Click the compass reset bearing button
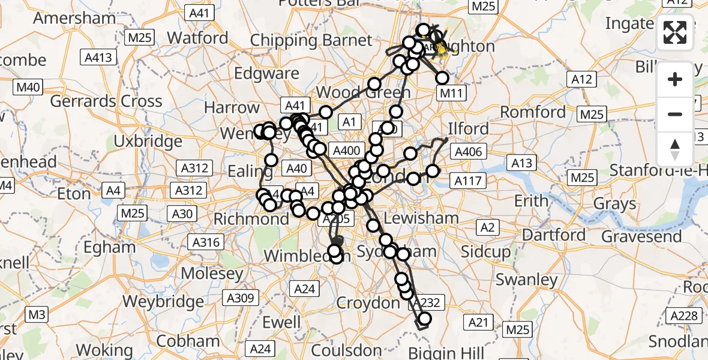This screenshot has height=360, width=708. [x=675, y=148]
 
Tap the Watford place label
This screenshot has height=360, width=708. [x=197, y=37]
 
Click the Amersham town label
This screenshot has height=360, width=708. [x=74, y=17]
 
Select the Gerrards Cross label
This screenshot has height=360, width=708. [x=106, y=101]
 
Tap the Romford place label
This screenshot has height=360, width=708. [x=533, y=112]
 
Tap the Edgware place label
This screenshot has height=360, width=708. [x=266, y=73]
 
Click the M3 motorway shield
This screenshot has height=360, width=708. [x=37, y=314]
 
